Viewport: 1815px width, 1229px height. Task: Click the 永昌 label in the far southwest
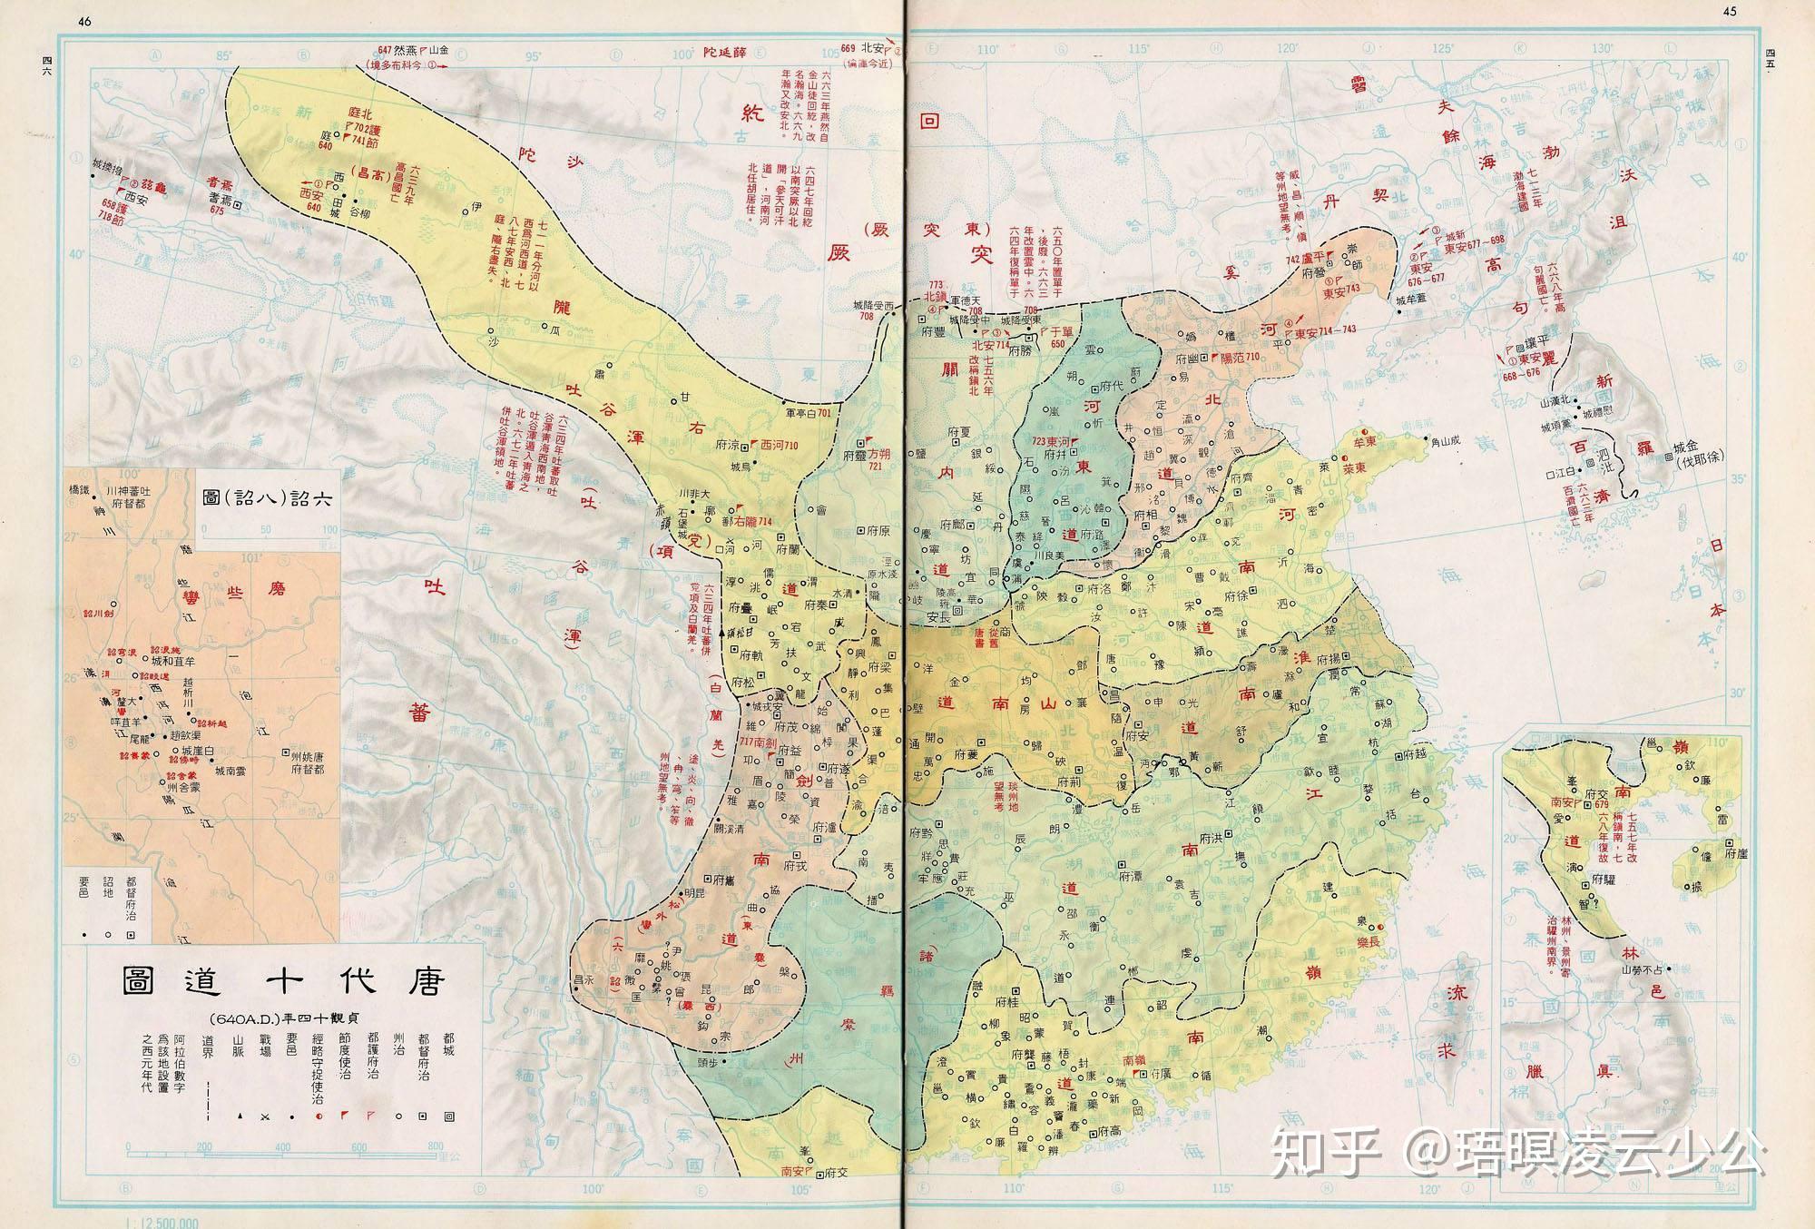pos(584,979)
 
